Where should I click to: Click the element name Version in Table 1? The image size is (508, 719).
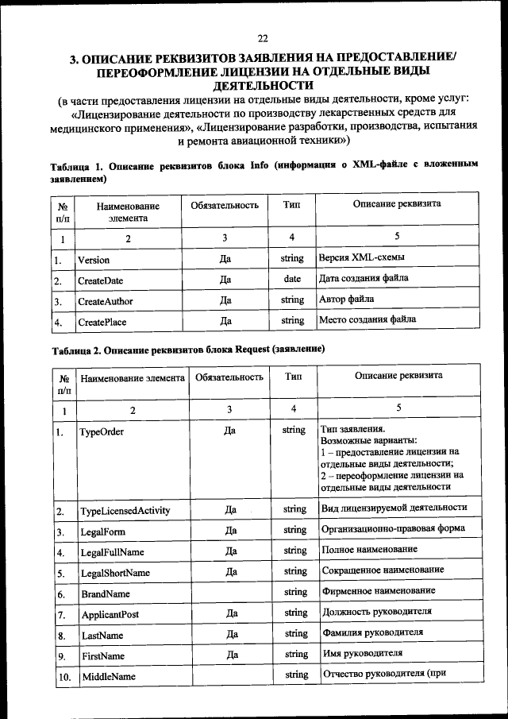point(94,260)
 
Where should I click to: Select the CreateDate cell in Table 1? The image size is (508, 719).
point(100,280)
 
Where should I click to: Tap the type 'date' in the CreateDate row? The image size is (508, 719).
point(292,280)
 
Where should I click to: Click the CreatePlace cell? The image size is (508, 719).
point(102,322)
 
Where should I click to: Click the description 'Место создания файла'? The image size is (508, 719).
point(368,320)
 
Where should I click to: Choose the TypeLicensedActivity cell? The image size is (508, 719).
point(125,510)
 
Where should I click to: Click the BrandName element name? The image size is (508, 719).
point(106,593)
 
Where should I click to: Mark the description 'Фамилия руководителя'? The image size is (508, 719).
point(372,632)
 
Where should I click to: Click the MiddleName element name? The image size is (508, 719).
point(108,676)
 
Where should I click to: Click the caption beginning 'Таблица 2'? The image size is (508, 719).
point(189,349)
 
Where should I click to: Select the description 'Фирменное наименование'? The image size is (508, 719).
point(379,591)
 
